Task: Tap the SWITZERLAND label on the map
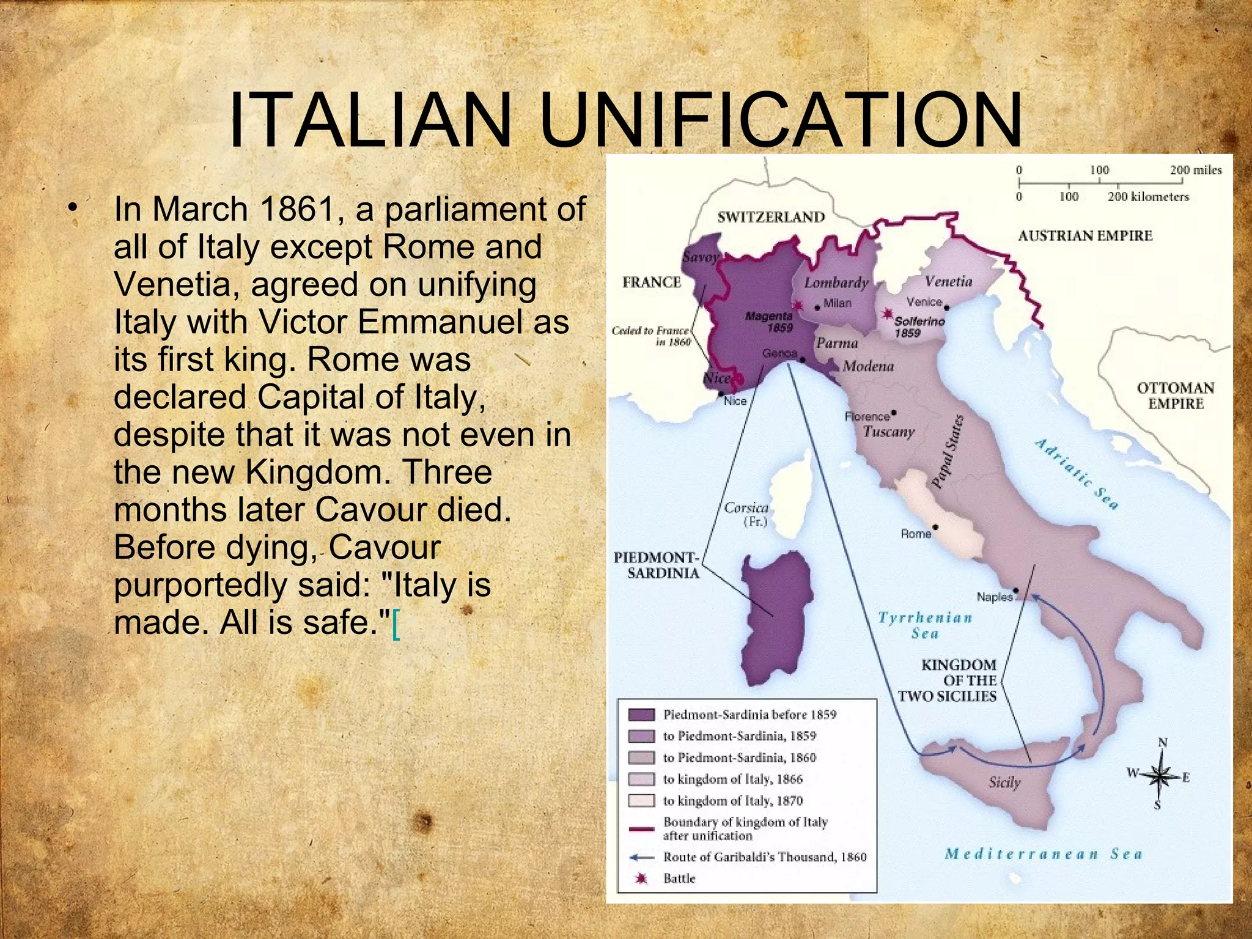[771, 217]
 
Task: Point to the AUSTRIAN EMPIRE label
[1084, 236]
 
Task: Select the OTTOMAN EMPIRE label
[1175, 396]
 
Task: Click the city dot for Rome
[935, 527]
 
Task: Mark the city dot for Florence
[894, 413]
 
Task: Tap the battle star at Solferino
[886, 314]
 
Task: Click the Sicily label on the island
[1004, 782]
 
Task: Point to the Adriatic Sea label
[1076, 474]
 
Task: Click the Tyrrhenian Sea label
[925, 625]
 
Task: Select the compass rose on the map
[1158, 776]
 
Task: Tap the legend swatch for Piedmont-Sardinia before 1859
[641, 715]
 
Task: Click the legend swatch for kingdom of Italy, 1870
[641, 801]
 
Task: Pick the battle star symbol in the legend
[641, 878]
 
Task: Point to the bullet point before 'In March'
[74, 208]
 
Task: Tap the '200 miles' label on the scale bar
[1195, 170]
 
